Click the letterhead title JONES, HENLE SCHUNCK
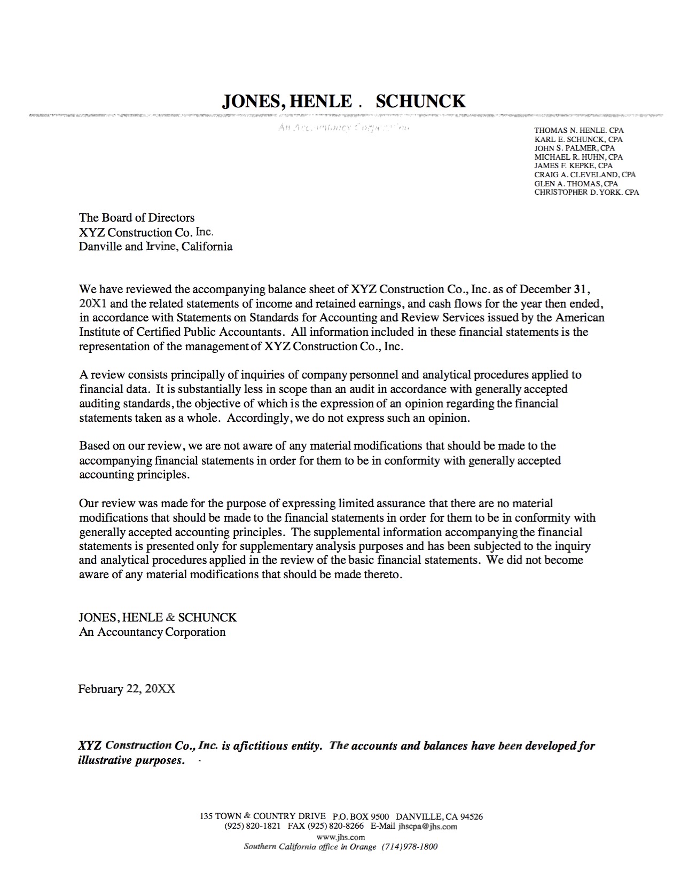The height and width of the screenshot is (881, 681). click(343, 101)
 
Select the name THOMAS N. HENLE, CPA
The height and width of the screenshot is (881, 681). click(579, 130)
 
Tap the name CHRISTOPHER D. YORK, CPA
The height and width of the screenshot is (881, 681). click(586, 192)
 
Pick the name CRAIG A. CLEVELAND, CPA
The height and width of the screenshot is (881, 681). click(585, 175)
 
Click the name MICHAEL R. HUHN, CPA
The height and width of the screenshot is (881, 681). click(578, 157)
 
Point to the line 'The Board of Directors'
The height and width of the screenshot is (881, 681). click(137, 217)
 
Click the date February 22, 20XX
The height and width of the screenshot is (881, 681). click(127, 689)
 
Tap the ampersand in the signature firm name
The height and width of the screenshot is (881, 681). click(170, 618)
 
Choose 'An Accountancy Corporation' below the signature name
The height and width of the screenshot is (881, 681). click(152, 632)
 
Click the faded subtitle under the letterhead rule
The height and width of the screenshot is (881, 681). click(343, 128)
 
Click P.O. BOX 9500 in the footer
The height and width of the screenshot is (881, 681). click(363, 816)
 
